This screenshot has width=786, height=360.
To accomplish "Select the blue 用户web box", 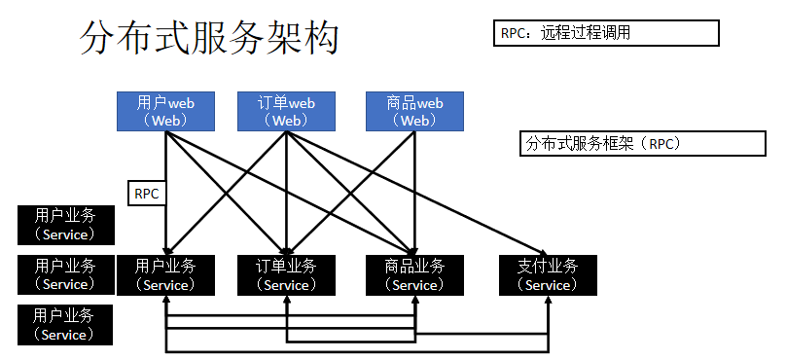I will click(166, 111).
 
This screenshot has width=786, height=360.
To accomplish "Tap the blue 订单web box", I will click(287, 111).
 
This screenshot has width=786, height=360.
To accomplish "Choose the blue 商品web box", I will click(414, 111).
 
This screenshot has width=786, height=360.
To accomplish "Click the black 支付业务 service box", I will click(547, 274).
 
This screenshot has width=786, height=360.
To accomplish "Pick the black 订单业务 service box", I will click(287, 274).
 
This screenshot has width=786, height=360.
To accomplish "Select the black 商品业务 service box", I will click(414, 274).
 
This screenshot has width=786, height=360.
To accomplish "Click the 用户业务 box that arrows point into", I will click(166, 274).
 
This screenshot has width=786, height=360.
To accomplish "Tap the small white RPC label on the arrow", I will click(148, 193).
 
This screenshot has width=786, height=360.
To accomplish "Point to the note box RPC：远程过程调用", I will click(607, 32).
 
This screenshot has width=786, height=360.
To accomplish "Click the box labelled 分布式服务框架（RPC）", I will click(643, 143).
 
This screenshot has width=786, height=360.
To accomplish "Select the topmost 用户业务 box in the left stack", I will click(66, 225).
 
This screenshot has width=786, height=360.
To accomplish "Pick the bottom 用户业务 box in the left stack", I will click(66, 324).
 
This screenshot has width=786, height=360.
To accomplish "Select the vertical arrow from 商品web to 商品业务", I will click(415, 195).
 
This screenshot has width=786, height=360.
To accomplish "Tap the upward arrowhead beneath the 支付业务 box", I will click(548, 299).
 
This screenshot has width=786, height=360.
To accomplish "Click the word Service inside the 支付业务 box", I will click(548, 285).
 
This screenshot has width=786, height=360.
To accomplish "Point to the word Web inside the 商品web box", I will click(415, 121).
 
